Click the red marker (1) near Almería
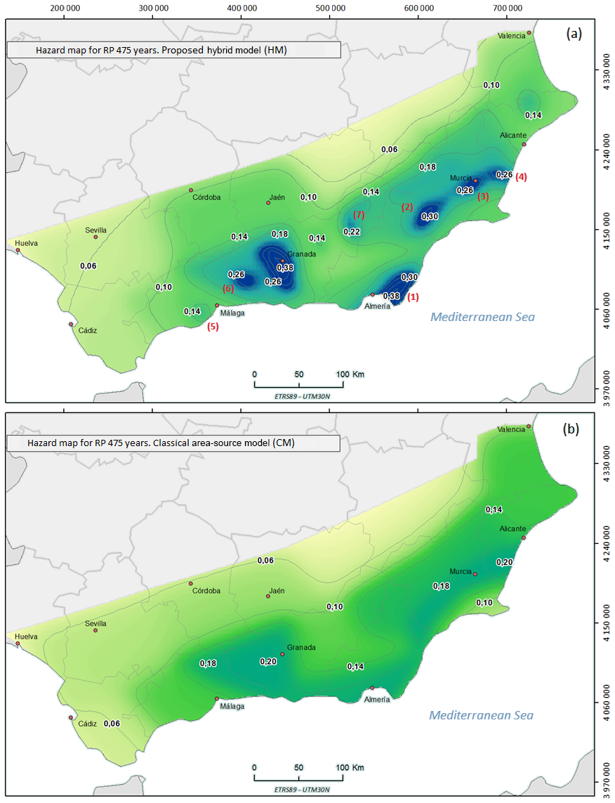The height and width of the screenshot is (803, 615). (413, 296)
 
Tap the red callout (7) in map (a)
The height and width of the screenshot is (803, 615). (359, 214)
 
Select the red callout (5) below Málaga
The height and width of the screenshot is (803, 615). (213, 326)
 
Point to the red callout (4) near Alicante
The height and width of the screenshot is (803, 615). (521, 177)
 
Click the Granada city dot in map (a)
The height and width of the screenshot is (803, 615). (283, 261)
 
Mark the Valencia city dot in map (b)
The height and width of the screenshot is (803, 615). (529, 426)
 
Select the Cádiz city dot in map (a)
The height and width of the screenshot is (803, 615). (71, 324)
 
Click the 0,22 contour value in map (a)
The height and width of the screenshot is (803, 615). (352, 232)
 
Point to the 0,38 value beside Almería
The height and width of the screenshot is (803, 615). (391, 296)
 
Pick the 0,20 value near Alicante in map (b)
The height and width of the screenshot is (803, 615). (504, 562)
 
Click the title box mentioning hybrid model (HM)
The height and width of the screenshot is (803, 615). (173, 50)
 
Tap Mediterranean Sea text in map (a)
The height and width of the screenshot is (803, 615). (482, 317)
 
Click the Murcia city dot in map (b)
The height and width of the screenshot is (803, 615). (475, 574)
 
